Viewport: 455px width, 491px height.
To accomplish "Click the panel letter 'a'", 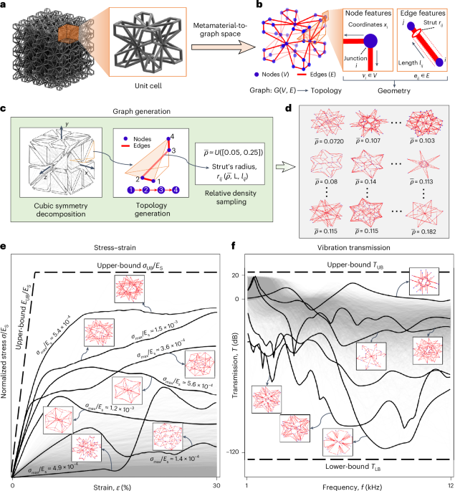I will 6,6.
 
